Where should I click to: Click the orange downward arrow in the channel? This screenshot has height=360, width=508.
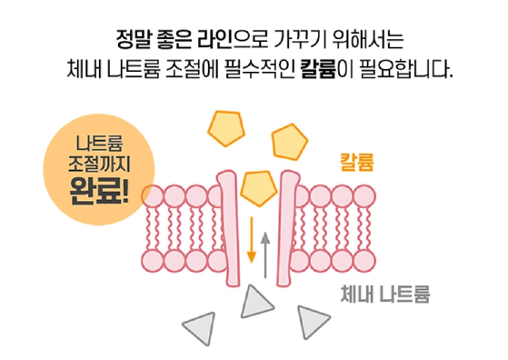point(252,237)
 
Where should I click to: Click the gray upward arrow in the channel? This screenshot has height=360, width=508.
point(265,254)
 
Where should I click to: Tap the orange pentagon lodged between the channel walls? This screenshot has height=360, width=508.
point(259,186)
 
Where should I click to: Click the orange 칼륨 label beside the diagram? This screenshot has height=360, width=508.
point(357,163)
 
